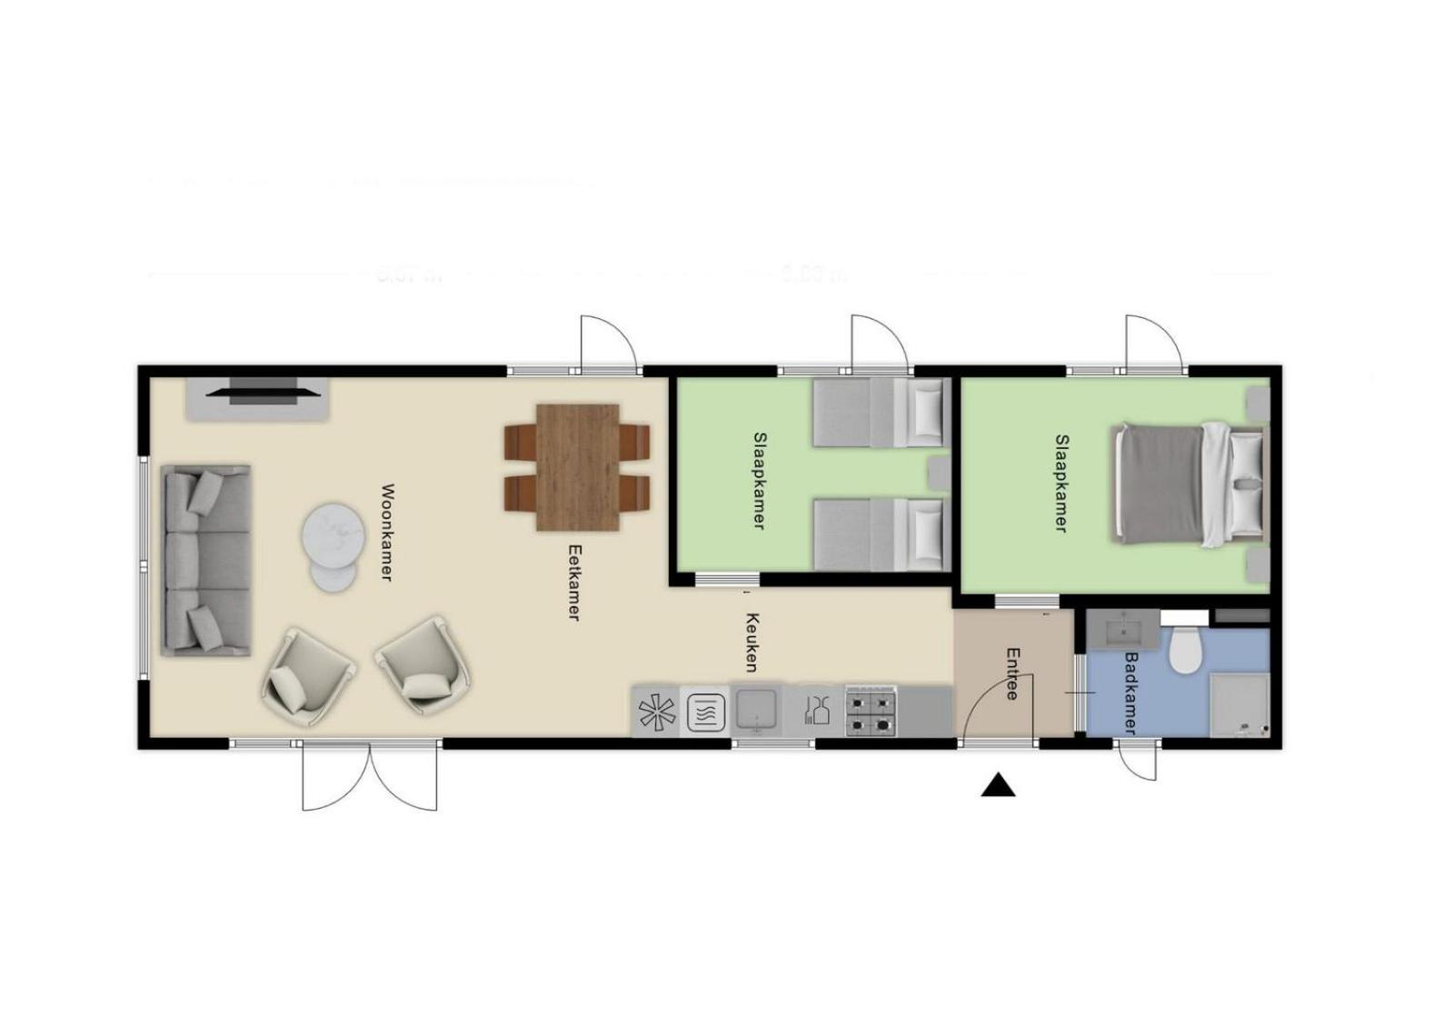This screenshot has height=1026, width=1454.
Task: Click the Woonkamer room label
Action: pos(386,533)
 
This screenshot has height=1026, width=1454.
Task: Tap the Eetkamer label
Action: pos(573,582)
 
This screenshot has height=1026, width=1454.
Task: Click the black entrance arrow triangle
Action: pos(998,786)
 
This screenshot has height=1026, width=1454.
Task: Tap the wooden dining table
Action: pos(578,467)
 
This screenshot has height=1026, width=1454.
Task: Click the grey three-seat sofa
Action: pos(206,560)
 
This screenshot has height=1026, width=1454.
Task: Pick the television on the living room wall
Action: pos(263,393)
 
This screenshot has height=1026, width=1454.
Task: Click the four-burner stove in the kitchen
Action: pos(871,711)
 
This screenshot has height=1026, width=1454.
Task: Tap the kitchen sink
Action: pos(756,710)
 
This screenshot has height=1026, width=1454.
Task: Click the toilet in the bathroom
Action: pos(1186,650)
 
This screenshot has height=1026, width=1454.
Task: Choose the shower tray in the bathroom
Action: pos(1240,704)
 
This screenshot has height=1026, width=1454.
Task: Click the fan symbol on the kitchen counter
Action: pos(657,712)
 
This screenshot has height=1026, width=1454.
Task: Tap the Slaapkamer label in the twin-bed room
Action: pos(759,481)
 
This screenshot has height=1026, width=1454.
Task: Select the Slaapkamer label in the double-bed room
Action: pos(1061,483)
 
